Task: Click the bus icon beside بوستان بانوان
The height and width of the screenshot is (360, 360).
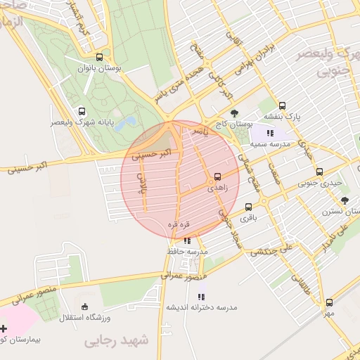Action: pyautogui.click(x=99, y=58)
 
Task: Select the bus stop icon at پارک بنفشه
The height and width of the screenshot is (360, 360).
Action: pyautogui.click(x=282, y=105)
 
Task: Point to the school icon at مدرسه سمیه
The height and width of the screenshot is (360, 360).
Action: pyautogui.click(x=270, y=132)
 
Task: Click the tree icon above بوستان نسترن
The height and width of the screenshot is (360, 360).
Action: pyautogui.click(x=344, y=200)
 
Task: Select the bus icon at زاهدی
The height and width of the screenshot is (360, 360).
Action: pyautogui.click(x=217, y=176)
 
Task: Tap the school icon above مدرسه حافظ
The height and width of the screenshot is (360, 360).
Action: pyautogui.click(x=186, y=241)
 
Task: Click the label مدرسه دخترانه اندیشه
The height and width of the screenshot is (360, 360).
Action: pyautogui.click(x=202, y=307)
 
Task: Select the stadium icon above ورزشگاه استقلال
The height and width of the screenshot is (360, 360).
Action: pyautogui.click(x=85, y=306)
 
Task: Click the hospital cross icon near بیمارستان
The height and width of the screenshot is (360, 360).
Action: pyautogui.click(x=4, y=328)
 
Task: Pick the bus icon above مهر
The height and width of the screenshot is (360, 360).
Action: pyautogui.click(x=328, y=302)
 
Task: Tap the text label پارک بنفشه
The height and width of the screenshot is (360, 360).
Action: pyautogui.click(x=282, y=117)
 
